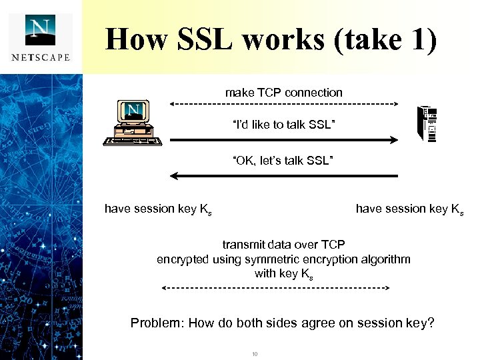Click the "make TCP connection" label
point(283,93)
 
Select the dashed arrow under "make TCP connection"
point(283,104)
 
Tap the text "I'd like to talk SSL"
point(283,125)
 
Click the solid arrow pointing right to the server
point(283,140)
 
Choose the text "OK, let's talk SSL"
point(283,161)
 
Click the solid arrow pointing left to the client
point(283,176)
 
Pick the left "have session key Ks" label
point(159,209)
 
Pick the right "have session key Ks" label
point(409,209)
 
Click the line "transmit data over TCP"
point(283,245)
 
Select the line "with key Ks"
point(283,273)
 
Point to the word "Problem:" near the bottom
point(157,323)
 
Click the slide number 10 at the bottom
point(255,353)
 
